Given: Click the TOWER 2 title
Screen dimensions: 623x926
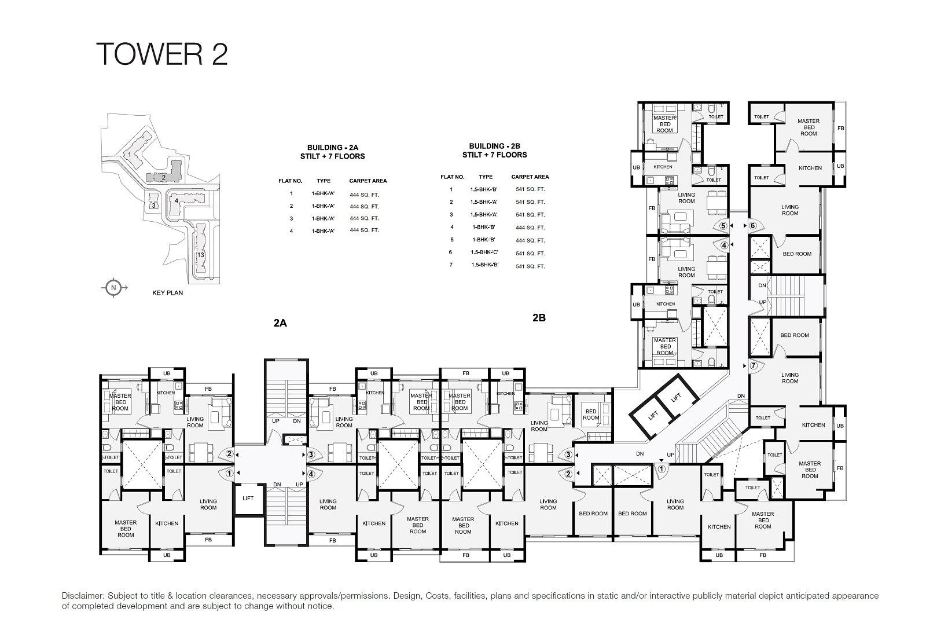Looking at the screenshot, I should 162,53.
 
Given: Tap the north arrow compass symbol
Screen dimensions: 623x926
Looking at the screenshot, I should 114,288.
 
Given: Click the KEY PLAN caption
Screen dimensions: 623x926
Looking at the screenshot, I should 167,293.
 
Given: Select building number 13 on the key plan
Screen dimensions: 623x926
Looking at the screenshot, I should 201,255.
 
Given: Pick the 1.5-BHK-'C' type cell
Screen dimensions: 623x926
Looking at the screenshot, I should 485,253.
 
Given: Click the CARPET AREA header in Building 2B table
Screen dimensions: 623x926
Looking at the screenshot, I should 530,177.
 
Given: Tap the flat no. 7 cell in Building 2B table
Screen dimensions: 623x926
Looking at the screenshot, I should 451,265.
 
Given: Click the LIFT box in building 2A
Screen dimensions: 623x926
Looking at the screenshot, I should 248,498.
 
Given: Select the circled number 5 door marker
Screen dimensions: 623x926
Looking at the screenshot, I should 723,226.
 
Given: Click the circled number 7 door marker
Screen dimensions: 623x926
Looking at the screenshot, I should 753,366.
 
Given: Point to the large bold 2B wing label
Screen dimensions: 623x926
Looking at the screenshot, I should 539,317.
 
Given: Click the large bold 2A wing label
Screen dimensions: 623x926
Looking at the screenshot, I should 280,323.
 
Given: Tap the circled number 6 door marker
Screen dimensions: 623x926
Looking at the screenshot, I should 753,226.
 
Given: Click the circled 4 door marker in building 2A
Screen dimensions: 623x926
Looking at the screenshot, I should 311,474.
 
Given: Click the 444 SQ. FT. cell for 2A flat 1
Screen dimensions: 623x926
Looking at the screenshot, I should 364,194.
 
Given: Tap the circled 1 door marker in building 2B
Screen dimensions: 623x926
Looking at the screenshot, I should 661,469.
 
